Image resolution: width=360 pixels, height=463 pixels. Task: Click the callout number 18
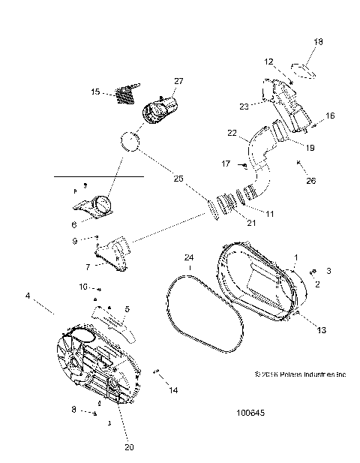[318, 42]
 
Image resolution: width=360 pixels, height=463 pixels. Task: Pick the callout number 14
[173, 391]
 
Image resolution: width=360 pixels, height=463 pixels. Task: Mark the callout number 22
[232, 135]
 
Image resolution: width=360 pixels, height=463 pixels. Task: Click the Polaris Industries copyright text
[300, 374]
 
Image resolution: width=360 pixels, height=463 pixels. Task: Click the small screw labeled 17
[245, 164]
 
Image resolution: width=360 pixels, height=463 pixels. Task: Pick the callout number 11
[269, 215]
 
